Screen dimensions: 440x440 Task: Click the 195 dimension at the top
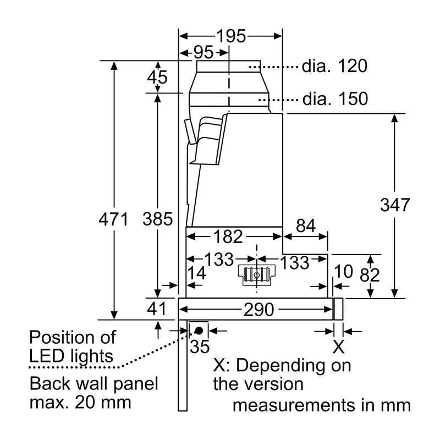tap(231, 36)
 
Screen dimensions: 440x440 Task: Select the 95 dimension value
tap(204, 52)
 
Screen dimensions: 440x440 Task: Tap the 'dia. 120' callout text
tap(334, 66)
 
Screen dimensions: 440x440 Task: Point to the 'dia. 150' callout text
tap(335, 99)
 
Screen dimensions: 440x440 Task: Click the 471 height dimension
tap(114, 219)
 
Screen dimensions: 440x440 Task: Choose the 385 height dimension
tap(157, 219)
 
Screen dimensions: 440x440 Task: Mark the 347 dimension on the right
tap(395, 205)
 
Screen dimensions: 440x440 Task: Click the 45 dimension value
tap(157, 77)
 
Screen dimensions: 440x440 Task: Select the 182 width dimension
tap(228, 237)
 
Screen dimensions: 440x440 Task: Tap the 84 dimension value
tap(306, 226)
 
